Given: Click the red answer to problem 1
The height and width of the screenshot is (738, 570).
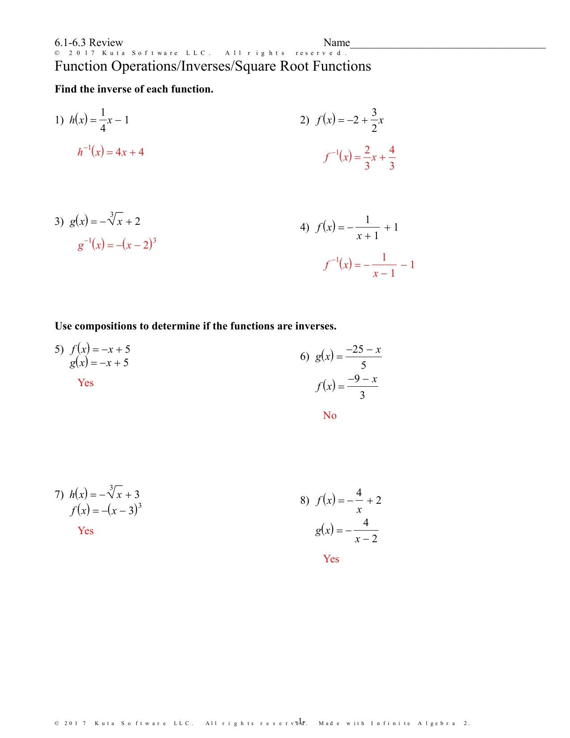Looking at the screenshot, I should coord(110,152).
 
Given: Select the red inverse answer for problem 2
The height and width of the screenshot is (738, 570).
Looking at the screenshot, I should coord(359,157).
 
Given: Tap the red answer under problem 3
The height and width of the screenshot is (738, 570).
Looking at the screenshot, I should coord(117,245).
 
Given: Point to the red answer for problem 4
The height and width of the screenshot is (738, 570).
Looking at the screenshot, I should coord(369,265).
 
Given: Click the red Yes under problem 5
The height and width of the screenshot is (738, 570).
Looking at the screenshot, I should coord(85,383).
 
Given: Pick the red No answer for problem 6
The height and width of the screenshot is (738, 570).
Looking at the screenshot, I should coord(329,415).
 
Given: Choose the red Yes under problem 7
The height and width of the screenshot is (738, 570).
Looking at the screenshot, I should coord(85,531).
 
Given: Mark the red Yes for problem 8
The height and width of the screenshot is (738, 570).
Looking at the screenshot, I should coord(331,559).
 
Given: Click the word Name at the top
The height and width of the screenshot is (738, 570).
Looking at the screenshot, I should coord(337,42).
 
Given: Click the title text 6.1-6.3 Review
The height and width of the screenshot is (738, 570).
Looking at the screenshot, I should coord(89,42).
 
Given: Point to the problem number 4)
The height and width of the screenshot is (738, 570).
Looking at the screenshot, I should coord(304,227).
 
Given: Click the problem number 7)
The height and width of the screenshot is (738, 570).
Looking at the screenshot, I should coord(59,494).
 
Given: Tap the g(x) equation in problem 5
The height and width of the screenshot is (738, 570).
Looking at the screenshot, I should coord(99,363).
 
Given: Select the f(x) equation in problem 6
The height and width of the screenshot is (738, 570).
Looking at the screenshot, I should coord(347,386).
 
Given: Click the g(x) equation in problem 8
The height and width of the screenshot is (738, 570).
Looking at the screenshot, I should coord(347,531).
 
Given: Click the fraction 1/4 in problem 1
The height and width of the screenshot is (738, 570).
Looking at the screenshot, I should coord(103,120).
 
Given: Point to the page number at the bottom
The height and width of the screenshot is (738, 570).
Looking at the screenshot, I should coord(300,721).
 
